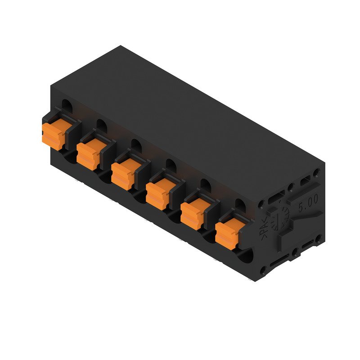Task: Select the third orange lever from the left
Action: [122, 173]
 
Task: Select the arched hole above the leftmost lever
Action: [67, 106]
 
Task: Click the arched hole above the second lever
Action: [101, 126]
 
